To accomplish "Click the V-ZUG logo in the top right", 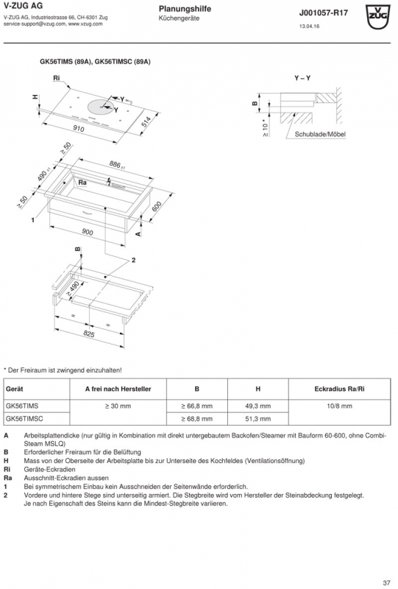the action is (x=378, y=17).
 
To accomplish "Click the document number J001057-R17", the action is (x=323, y=13).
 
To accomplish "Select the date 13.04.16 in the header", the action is (x=310, y=27).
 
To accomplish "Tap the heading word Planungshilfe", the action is (x=185, y=9).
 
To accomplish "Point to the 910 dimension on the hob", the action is (x=79, y=129).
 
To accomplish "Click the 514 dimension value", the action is (x=146, y=121).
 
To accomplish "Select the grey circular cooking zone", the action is (x=102, y=108).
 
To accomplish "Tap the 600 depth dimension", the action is (x=156, y=206).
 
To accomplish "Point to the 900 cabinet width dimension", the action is (x=87, y=232).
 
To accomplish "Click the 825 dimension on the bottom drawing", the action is (x=89, y=334).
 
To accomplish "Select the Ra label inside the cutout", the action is (x=82, y=183).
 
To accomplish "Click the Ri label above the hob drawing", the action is (x=57, y=78).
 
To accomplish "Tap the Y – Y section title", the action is (x=302, y=78).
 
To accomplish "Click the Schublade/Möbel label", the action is (x=320, y=134).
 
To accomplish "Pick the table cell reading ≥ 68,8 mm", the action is (x=196, y=418).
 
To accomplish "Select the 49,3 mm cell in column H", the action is (x=257, y=406).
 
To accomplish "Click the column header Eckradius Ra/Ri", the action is (x=339, y=389).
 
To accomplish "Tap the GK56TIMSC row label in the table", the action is (x=24, y=418).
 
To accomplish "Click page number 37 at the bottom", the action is (x=386, y=583).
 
